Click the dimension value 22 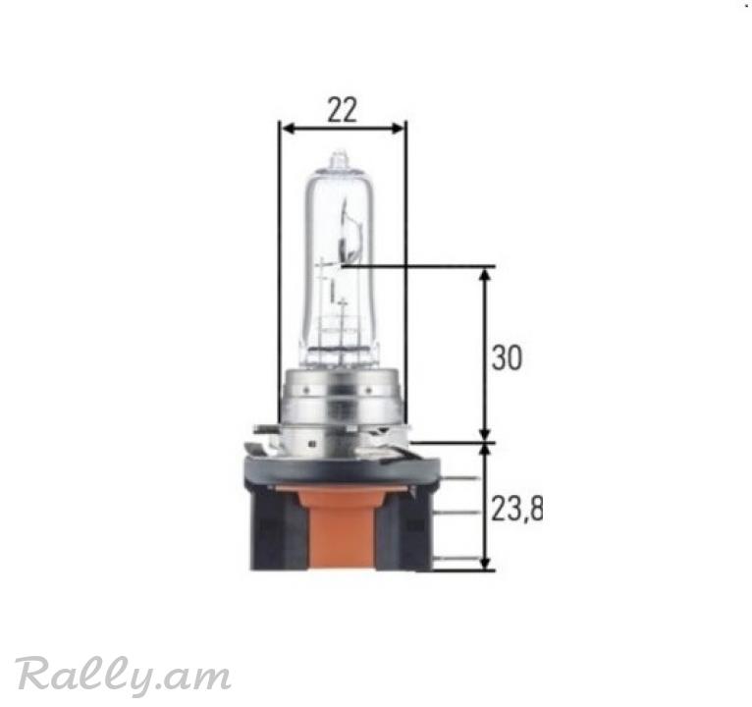(x=342, y=110)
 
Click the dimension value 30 (x=507, y=357)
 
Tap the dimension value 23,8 (x=517, y=509)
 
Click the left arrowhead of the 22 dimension (x=288, y=128)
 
